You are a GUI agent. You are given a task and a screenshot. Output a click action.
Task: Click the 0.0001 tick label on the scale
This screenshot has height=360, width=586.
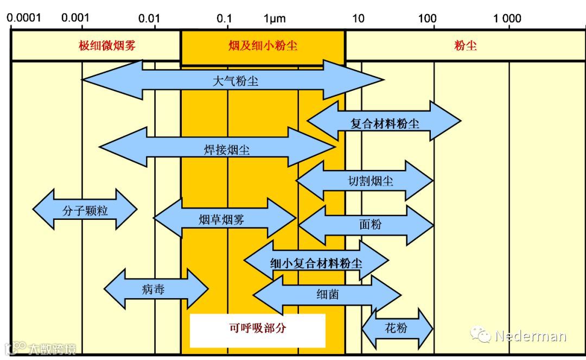click(24, 18)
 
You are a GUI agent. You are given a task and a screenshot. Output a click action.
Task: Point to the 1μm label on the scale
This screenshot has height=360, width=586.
click(275, 18)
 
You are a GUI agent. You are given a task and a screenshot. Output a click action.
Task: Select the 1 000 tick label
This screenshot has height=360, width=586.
click(507, 18)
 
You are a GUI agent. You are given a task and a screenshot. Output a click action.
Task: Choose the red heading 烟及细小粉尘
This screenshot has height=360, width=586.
click(263, 46)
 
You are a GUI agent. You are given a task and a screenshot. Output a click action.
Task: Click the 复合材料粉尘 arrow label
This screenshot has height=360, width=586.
click(385, 123)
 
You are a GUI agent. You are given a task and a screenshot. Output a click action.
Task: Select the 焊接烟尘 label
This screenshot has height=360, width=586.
click(227, 150)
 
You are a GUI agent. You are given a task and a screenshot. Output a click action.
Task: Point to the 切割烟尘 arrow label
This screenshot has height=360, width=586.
click(371, 181)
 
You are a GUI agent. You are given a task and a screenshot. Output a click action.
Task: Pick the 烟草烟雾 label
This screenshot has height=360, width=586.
click(221, 219)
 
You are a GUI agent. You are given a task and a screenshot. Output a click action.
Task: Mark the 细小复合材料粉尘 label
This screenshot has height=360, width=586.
click(316, 263)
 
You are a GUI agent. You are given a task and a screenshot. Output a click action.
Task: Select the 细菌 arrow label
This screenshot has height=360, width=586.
click(328, 294)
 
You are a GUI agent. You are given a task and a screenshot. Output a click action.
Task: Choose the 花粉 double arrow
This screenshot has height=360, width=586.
click(396, 328)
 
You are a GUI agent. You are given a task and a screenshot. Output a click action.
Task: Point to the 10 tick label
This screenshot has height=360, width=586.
click(358, 18)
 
